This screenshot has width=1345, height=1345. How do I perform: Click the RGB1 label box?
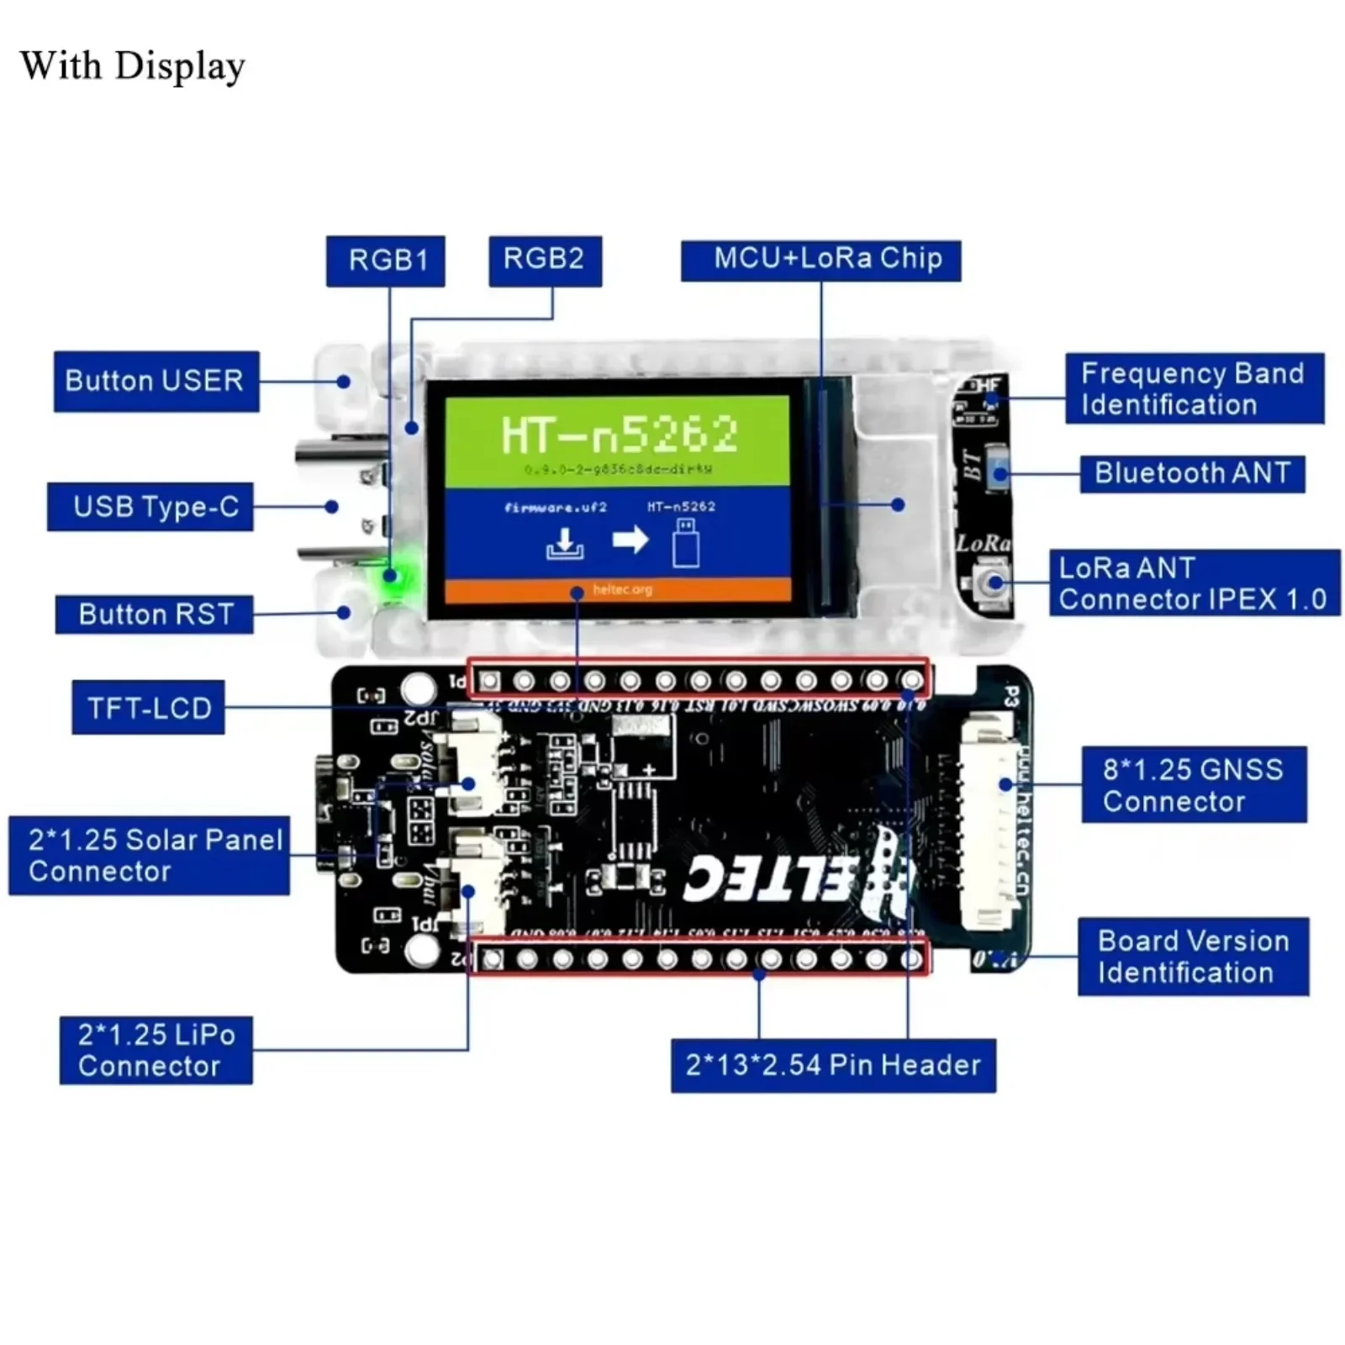click(x=385, y=261)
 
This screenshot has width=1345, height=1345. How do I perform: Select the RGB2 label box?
click(x=545, y=260)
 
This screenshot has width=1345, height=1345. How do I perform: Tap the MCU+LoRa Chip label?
click(x=820, y=260)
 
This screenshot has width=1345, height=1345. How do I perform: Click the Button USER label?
click(x=156, y=381)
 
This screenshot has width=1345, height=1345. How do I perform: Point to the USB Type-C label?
click(x=150, y=507)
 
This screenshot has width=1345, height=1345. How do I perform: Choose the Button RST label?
click(x=155, y=614)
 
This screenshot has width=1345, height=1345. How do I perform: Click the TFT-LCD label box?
click(x=149, y=708)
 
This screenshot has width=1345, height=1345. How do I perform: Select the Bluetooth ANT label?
click(x=1191, y=473)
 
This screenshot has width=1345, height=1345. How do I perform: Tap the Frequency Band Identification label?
click(x=1194, y=388)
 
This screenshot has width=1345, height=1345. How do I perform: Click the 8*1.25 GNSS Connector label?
click(x=1193, y=784)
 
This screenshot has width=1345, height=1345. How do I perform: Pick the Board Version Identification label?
click(x=1193, y=957)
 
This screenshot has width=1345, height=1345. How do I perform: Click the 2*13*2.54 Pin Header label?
click(x=832, y=1065)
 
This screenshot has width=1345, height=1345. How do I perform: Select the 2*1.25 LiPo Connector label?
click(x=156, y=1050)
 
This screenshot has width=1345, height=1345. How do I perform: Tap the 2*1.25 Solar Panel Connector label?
click(x=150, y=855)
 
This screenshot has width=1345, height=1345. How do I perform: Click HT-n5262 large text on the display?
click(x=620, y=435)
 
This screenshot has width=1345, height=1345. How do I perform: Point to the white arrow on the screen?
click(x=630, y=539)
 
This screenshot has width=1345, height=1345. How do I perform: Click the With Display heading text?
click(x=133, y=66)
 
